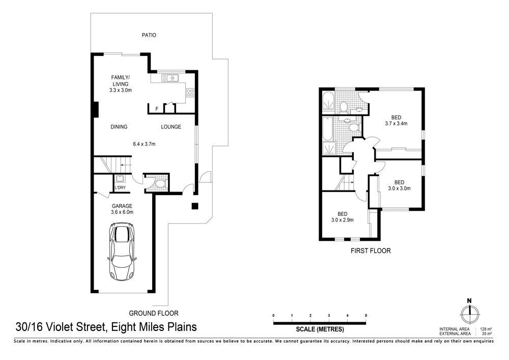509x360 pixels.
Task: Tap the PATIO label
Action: (149, 35)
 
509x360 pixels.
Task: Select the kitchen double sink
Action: (170, 78)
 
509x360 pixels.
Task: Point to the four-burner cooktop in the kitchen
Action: (190, 93)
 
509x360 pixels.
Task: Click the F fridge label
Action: (157, 109)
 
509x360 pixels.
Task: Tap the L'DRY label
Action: (120, 187)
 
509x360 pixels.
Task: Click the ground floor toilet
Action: (160, 184)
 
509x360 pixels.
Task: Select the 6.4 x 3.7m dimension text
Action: (144, 144)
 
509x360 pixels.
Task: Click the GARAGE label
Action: (122, 206)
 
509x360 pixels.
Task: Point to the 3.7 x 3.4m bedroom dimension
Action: (396, 123)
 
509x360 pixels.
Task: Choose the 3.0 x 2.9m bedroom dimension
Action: (343, 220)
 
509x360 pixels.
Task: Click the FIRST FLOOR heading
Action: (371, 251)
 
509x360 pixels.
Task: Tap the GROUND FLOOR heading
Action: (154, 313)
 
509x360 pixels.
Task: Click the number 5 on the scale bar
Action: (366, 316)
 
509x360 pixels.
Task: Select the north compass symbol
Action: (469, 312)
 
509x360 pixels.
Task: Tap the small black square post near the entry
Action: (194, 206)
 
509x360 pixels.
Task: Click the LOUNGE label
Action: (171, 127)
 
